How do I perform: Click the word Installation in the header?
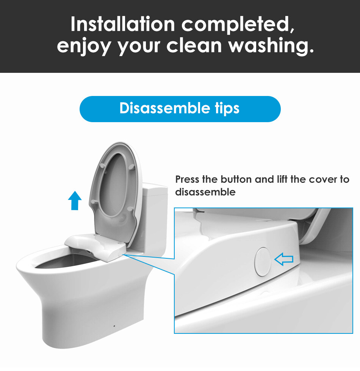tap(123, 24)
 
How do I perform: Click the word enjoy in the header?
tap(84, 46)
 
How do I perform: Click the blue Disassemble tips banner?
tap(180, 109)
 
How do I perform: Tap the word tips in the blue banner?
tap(227, 108)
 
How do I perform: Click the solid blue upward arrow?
tap(75, 200)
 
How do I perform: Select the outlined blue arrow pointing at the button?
tap(284, 259)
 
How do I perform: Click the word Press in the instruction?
tap(187, 179)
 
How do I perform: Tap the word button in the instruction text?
tap(236, 179)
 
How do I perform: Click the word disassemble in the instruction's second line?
tap(205, 192)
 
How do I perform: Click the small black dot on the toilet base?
tap(114, 326)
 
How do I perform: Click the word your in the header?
tap(139, 46)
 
